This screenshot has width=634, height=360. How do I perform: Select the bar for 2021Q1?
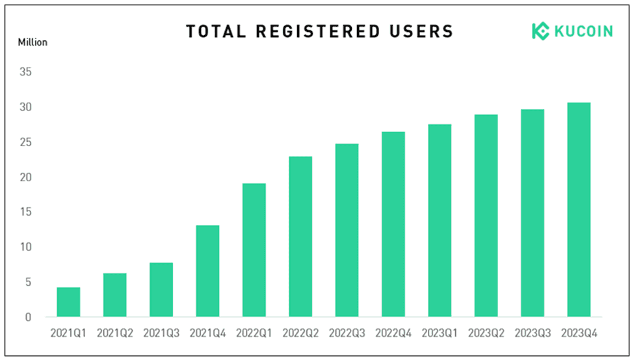point(68,302)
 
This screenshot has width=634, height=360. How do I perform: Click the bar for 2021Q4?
point(208,271)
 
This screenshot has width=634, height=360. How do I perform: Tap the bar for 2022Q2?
point(300,237)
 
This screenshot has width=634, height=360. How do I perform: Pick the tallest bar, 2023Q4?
point(579,210)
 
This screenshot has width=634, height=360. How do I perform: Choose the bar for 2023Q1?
point(440,220)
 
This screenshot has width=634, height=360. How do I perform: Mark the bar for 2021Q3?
point(161,290)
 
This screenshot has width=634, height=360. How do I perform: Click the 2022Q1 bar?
point(254,250)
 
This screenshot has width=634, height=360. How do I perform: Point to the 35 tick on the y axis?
point(25,72)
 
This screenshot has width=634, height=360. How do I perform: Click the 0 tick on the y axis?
point(28,317)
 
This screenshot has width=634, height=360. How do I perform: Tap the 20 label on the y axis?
point(25,177)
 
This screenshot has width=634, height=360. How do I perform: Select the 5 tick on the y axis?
point(28,282)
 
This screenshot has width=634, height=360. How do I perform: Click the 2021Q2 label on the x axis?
point(115,333)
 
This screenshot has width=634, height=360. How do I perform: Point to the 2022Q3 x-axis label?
point(347,333)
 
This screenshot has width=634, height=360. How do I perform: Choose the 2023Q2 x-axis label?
point(486,333)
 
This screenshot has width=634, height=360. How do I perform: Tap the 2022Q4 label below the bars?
point(393,333)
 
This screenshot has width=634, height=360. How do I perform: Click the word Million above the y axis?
point(33,42)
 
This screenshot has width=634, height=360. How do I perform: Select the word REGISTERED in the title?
point(318,31)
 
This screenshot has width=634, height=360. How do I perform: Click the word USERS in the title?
point(421,31)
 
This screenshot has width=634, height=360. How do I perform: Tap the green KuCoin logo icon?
point(540,31)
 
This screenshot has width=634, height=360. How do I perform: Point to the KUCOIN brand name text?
point(583,31)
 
